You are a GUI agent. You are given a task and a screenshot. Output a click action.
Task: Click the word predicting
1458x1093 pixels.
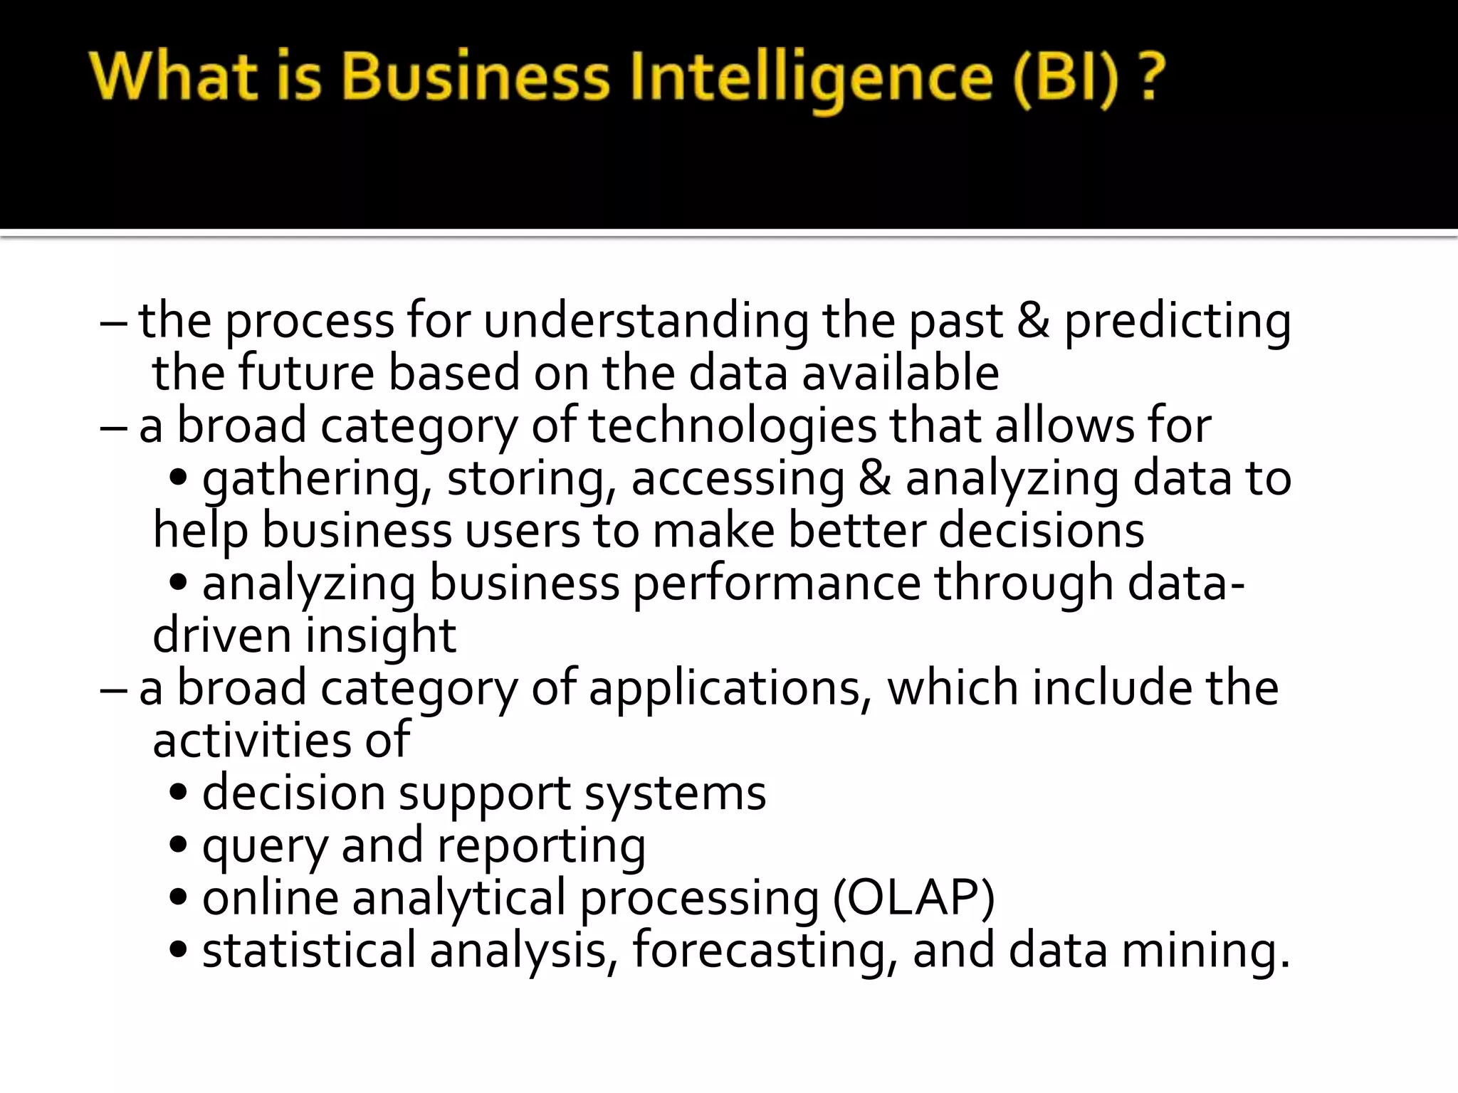1178,322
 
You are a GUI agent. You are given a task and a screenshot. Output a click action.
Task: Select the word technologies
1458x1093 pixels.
733,426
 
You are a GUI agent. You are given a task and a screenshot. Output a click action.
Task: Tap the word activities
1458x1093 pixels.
251,740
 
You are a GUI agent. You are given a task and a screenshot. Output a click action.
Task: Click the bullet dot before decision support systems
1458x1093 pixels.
179,793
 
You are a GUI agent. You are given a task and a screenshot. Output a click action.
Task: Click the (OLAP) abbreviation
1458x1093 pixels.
914,898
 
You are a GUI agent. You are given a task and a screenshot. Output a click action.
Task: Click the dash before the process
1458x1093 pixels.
114,322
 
